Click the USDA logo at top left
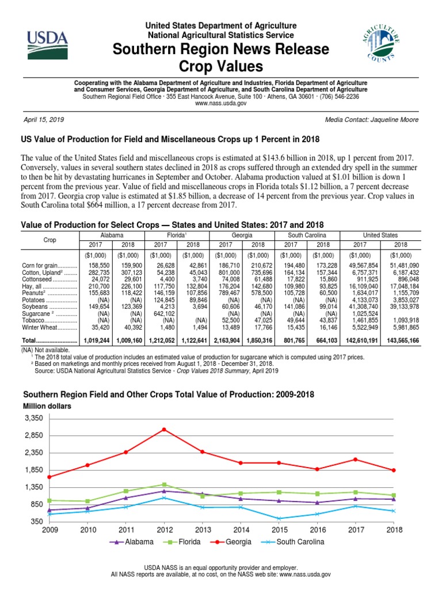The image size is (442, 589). click(47, 44)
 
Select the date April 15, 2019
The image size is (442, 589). click(43, 119)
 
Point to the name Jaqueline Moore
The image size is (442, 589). click(397, 119)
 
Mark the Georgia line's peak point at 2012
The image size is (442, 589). click(165, 430)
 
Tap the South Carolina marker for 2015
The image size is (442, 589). click(279, 518)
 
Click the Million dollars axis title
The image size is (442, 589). click(47, 406)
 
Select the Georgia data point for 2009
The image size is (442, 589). click(49, 477)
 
